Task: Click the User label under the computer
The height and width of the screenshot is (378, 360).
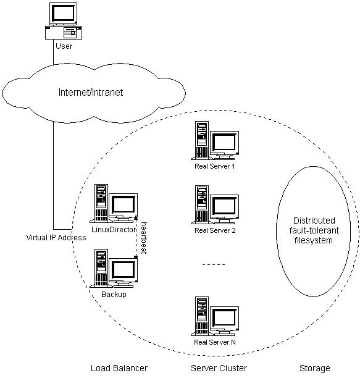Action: [64, 46]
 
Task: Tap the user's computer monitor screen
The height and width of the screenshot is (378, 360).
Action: [64, 12]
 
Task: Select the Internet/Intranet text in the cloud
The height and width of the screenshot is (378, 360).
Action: [91, 92]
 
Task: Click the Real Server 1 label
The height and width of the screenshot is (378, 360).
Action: [214, 166]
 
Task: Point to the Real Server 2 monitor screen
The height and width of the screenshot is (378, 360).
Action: [224, 206]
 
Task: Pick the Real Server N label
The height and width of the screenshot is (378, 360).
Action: [215, 342]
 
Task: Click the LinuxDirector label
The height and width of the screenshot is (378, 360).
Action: [114, 229]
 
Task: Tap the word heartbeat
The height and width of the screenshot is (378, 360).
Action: [144, 238]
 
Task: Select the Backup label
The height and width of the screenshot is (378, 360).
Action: [114, 295]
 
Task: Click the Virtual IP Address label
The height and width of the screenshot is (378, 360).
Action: [56, 238]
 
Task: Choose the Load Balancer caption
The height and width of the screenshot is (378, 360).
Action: [119, 368]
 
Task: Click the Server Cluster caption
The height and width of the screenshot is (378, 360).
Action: [219, 368]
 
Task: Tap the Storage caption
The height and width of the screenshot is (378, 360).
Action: [315, 368]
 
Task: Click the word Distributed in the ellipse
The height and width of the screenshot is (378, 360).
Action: [314, 220]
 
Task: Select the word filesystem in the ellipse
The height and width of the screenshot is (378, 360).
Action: [314, 240]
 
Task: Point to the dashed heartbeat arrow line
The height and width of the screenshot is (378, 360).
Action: [136, 237]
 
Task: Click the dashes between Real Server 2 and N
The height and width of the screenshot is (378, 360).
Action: [214, 265]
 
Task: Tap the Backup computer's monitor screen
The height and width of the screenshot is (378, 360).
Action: [123, 270]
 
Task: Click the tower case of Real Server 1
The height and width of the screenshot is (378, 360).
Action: [202, 140]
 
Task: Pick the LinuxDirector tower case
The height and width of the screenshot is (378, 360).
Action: [101, 203]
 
